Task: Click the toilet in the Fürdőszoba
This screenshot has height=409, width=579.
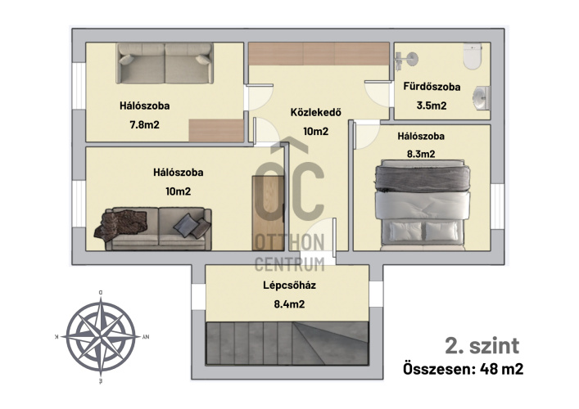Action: (473, 56)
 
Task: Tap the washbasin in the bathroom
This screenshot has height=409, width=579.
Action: (482, 97)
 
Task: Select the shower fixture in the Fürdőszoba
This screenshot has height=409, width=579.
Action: (406, 60)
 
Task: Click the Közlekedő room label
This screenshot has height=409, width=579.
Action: (316, 112)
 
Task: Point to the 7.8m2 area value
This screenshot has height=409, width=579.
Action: (144, 124)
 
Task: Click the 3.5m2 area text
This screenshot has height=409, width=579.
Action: (432, 106)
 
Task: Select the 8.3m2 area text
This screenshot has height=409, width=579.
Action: (421, 154)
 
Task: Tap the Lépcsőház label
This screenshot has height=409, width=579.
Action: (290, 285)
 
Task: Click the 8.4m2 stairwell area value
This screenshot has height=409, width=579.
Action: (290, 304)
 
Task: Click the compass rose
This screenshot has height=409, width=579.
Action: (101, 337)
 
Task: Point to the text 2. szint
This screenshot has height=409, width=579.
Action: (482, 346)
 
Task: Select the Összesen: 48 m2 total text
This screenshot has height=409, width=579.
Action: (463, 368)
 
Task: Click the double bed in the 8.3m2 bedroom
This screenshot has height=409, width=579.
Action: (423, 205)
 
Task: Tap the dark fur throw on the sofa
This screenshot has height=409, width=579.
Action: (120, 224)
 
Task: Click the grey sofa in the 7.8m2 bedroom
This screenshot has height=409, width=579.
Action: (165, 63)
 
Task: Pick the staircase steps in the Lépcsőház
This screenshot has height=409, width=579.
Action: (287, 344)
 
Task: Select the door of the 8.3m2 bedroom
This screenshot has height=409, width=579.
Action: (366, 136)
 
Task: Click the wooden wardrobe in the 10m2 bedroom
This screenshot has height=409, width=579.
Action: (268, 213)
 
